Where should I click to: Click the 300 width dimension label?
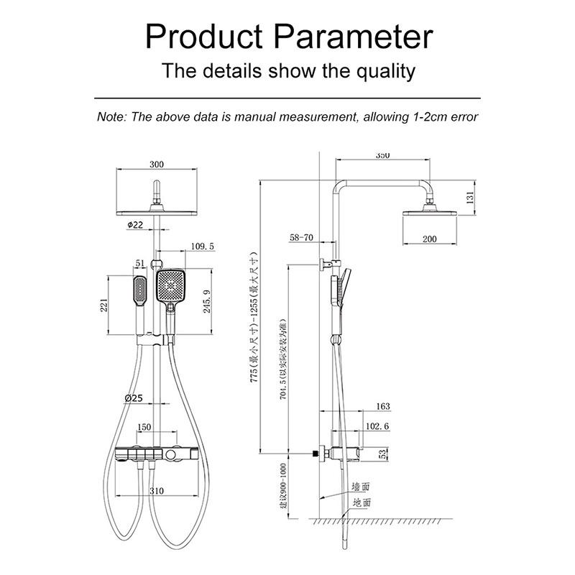click(x=157, y=165)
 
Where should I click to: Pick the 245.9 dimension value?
click(x=208, y=302)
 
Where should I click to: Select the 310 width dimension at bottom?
click(x=157, y=490)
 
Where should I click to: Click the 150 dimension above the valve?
click(x=143, y=427)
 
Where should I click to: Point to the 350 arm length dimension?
click(x=382, y=155)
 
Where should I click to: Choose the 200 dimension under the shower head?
click(x=430, y=239)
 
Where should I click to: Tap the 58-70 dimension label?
click(x=302, y=236)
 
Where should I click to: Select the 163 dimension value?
click(x=382, y=407)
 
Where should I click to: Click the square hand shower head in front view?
click(x=172, y=287)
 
